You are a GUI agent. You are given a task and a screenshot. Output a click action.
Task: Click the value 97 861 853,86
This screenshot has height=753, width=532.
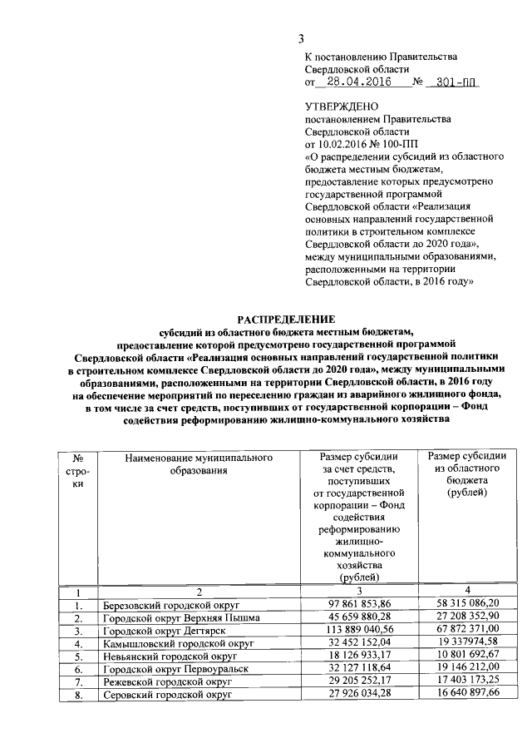tap(360, 605)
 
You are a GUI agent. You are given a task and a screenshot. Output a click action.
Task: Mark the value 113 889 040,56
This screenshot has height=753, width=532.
tap(360, 631)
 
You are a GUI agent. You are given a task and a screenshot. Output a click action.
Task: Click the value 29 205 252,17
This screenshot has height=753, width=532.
tap(360, 681)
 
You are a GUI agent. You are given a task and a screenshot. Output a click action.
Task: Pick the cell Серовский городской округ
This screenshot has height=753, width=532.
tap(166, 695)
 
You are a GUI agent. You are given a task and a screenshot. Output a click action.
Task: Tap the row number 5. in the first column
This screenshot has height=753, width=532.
tap(77, 656)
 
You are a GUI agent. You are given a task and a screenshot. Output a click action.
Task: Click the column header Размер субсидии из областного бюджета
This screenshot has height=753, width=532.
tap(466, 474)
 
